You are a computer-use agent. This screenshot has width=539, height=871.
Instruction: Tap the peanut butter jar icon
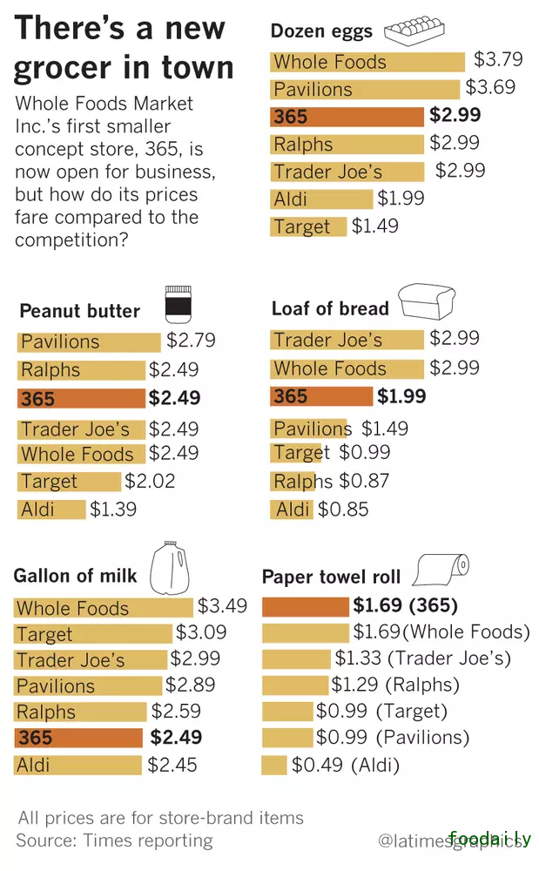[x=178, y=305]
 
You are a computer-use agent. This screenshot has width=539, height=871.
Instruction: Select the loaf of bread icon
[x=429, y=302]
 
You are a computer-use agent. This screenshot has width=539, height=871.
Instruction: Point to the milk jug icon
[x=168, y=566]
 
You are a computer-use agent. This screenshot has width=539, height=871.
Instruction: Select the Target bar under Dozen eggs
[x=308, y=226]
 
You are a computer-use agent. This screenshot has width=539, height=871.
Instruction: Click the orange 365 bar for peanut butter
[x=81, y=399]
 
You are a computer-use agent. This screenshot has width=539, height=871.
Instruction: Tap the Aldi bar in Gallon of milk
[x=77, y=766]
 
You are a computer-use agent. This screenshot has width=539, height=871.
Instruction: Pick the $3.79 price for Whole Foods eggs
[x=498, y=60]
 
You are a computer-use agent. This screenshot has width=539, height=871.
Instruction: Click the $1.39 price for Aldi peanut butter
[x=113, y=510]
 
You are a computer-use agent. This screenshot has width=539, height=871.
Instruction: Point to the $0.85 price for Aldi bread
[x=343, y=510]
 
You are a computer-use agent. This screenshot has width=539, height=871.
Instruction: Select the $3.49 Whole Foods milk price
[x=222, y=605]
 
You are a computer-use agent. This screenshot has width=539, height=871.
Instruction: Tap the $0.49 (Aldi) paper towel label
[x=346, y=766]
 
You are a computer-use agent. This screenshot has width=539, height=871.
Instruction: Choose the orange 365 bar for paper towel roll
[x=306, y=605]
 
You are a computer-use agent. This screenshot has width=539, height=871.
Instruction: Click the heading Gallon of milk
[x=76, y=576]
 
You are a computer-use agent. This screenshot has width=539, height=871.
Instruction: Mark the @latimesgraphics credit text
[x=453, y=841]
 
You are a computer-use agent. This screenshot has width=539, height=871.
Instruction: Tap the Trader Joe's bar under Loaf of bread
[x=347, y=340]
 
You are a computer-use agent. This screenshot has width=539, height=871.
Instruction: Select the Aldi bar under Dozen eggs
[x=321, y=199]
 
